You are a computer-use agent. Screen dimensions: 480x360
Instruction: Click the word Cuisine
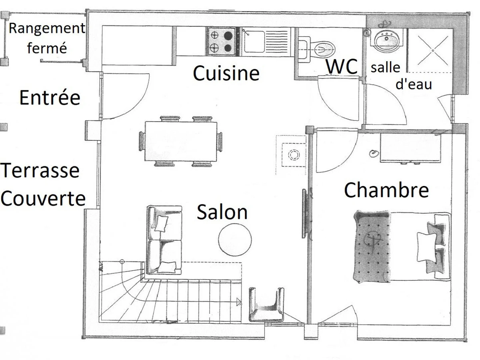click(x=226, y=73)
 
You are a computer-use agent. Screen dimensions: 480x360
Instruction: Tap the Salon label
click(x=222, y=212)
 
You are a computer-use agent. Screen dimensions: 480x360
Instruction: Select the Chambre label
click(x=386, y=190)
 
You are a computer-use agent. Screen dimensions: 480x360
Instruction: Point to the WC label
click(x=342, y=66)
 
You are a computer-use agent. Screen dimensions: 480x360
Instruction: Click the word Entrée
click(x=50, y=97)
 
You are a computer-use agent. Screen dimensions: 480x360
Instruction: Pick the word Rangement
click(x=47, y=28)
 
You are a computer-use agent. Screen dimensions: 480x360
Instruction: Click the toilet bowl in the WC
click(x=324, y=49)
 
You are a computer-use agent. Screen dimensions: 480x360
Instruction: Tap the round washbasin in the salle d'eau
click(x=387, y=40)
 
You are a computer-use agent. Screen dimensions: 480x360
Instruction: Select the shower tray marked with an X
click(x=430, y=50)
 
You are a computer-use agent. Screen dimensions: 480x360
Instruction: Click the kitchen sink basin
click(x=254, y=42)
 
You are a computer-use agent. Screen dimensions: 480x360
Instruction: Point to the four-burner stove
click(x=221, y=41)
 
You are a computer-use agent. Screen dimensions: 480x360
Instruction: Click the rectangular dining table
click(x=181, y=142)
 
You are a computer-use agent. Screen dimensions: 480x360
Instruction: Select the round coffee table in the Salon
click(x=235, y=240)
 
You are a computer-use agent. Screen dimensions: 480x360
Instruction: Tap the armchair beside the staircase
click(x=266, y=305)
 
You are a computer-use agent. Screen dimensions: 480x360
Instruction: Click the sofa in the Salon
click(x=164, y=240)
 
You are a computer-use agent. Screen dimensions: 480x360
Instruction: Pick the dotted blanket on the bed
click(x=372, y=246)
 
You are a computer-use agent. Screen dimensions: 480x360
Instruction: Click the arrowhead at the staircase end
click(x=239, y=302)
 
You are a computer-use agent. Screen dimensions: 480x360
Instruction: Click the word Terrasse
click(x=40, y=170)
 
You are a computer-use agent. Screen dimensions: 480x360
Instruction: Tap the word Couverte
click(x=43, y=198)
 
